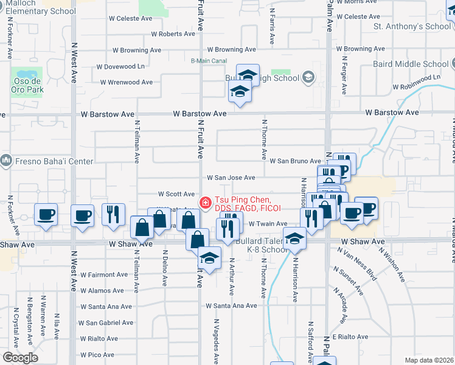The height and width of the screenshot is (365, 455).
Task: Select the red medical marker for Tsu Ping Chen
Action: tap(205, 202)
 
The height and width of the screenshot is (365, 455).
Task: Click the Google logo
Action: tap(20, 358)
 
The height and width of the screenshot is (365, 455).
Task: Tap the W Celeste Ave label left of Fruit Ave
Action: tap(130, 18)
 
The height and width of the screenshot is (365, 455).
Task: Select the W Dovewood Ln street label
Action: tap(123, 66)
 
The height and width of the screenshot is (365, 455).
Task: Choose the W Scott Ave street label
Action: tap(176, 194)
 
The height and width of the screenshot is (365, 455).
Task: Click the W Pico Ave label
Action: tap(97, 354)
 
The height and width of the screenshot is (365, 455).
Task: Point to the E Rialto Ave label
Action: tap(350, 336)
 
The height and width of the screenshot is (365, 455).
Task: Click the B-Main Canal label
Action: tap(209, 60)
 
